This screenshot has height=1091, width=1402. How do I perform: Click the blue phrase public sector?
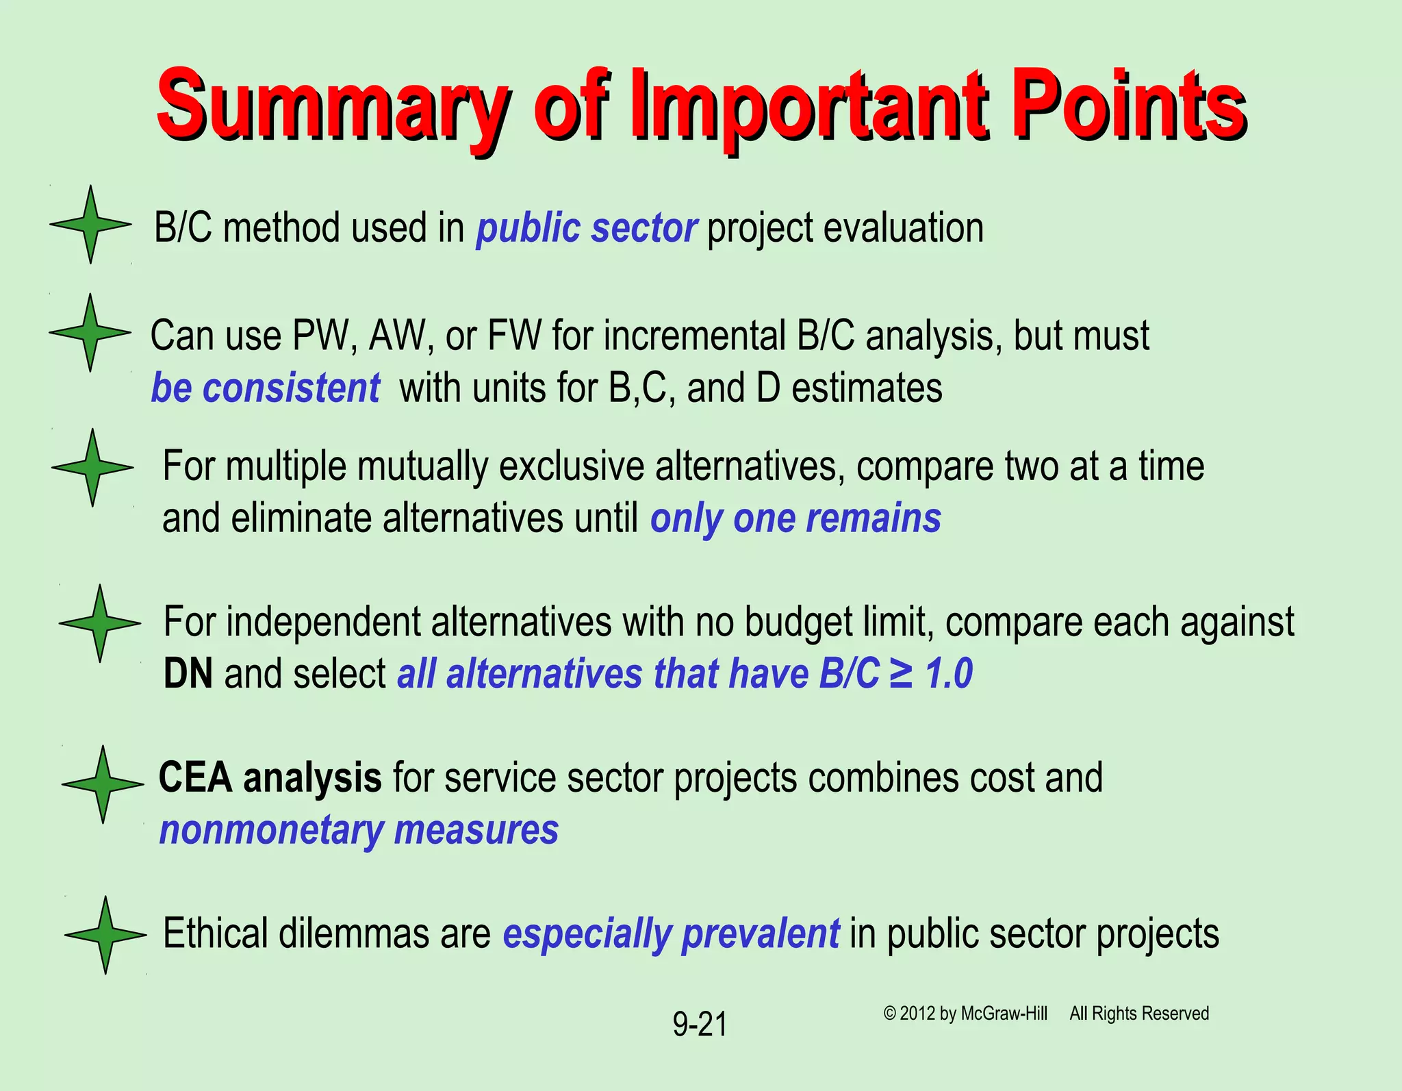pyautogui.click(x=587, y=228)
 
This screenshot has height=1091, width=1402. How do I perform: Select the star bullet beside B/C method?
pyautogui.click(x=90, y=224)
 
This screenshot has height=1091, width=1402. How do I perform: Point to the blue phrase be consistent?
pyautogui.click(x=265, y=388)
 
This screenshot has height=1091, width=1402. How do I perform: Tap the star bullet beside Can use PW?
pyautogui.click(x=90, y=333)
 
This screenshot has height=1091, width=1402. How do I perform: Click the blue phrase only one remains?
pyautogui.click(x=795, y=518)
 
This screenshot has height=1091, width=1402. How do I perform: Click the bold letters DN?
pyautogui.click(x=188, y=674)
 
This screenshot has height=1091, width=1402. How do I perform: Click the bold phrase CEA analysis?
pyautogui.click(x=270, y=778)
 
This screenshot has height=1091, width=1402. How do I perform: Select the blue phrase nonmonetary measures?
pyautogui.click(x=359, y=830)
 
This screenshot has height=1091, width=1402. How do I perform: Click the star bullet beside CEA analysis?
pyautogui.click(x=103, y=784)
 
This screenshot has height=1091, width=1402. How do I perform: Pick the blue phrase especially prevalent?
pyautogui.click(x=671, y=933)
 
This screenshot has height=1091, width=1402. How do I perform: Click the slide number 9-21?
pyautogui.click(x=699, y=1025)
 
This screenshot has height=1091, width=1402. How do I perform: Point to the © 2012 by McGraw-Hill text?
pyautogui.click(x=965, y=1014)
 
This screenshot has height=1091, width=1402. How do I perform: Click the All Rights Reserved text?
pyautogui.click(x=1139, y=1014)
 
